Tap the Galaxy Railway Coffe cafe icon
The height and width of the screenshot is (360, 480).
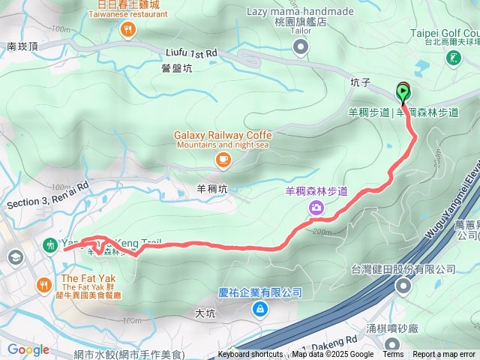[223, 159]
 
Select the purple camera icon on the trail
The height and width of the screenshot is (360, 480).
[316, 207]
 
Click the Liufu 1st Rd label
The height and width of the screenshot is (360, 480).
[191, 53]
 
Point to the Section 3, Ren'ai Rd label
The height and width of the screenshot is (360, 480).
[47, 194]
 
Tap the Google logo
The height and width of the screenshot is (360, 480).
[28, 349]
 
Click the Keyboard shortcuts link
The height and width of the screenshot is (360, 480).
[250, 355]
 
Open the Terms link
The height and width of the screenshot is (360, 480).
[393, 355]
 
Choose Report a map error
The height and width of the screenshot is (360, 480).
[445, 355]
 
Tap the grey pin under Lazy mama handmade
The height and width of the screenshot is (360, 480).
[301, 48]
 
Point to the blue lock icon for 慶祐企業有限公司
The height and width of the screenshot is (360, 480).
[259, 308]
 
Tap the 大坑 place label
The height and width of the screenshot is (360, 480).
[205, 313]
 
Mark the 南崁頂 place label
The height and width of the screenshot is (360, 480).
[22, 46]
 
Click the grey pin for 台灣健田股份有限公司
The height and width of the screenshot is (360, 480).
[403, 285]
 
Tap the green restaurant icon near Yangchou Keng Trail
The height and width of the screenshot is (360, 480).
[50, 244]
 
